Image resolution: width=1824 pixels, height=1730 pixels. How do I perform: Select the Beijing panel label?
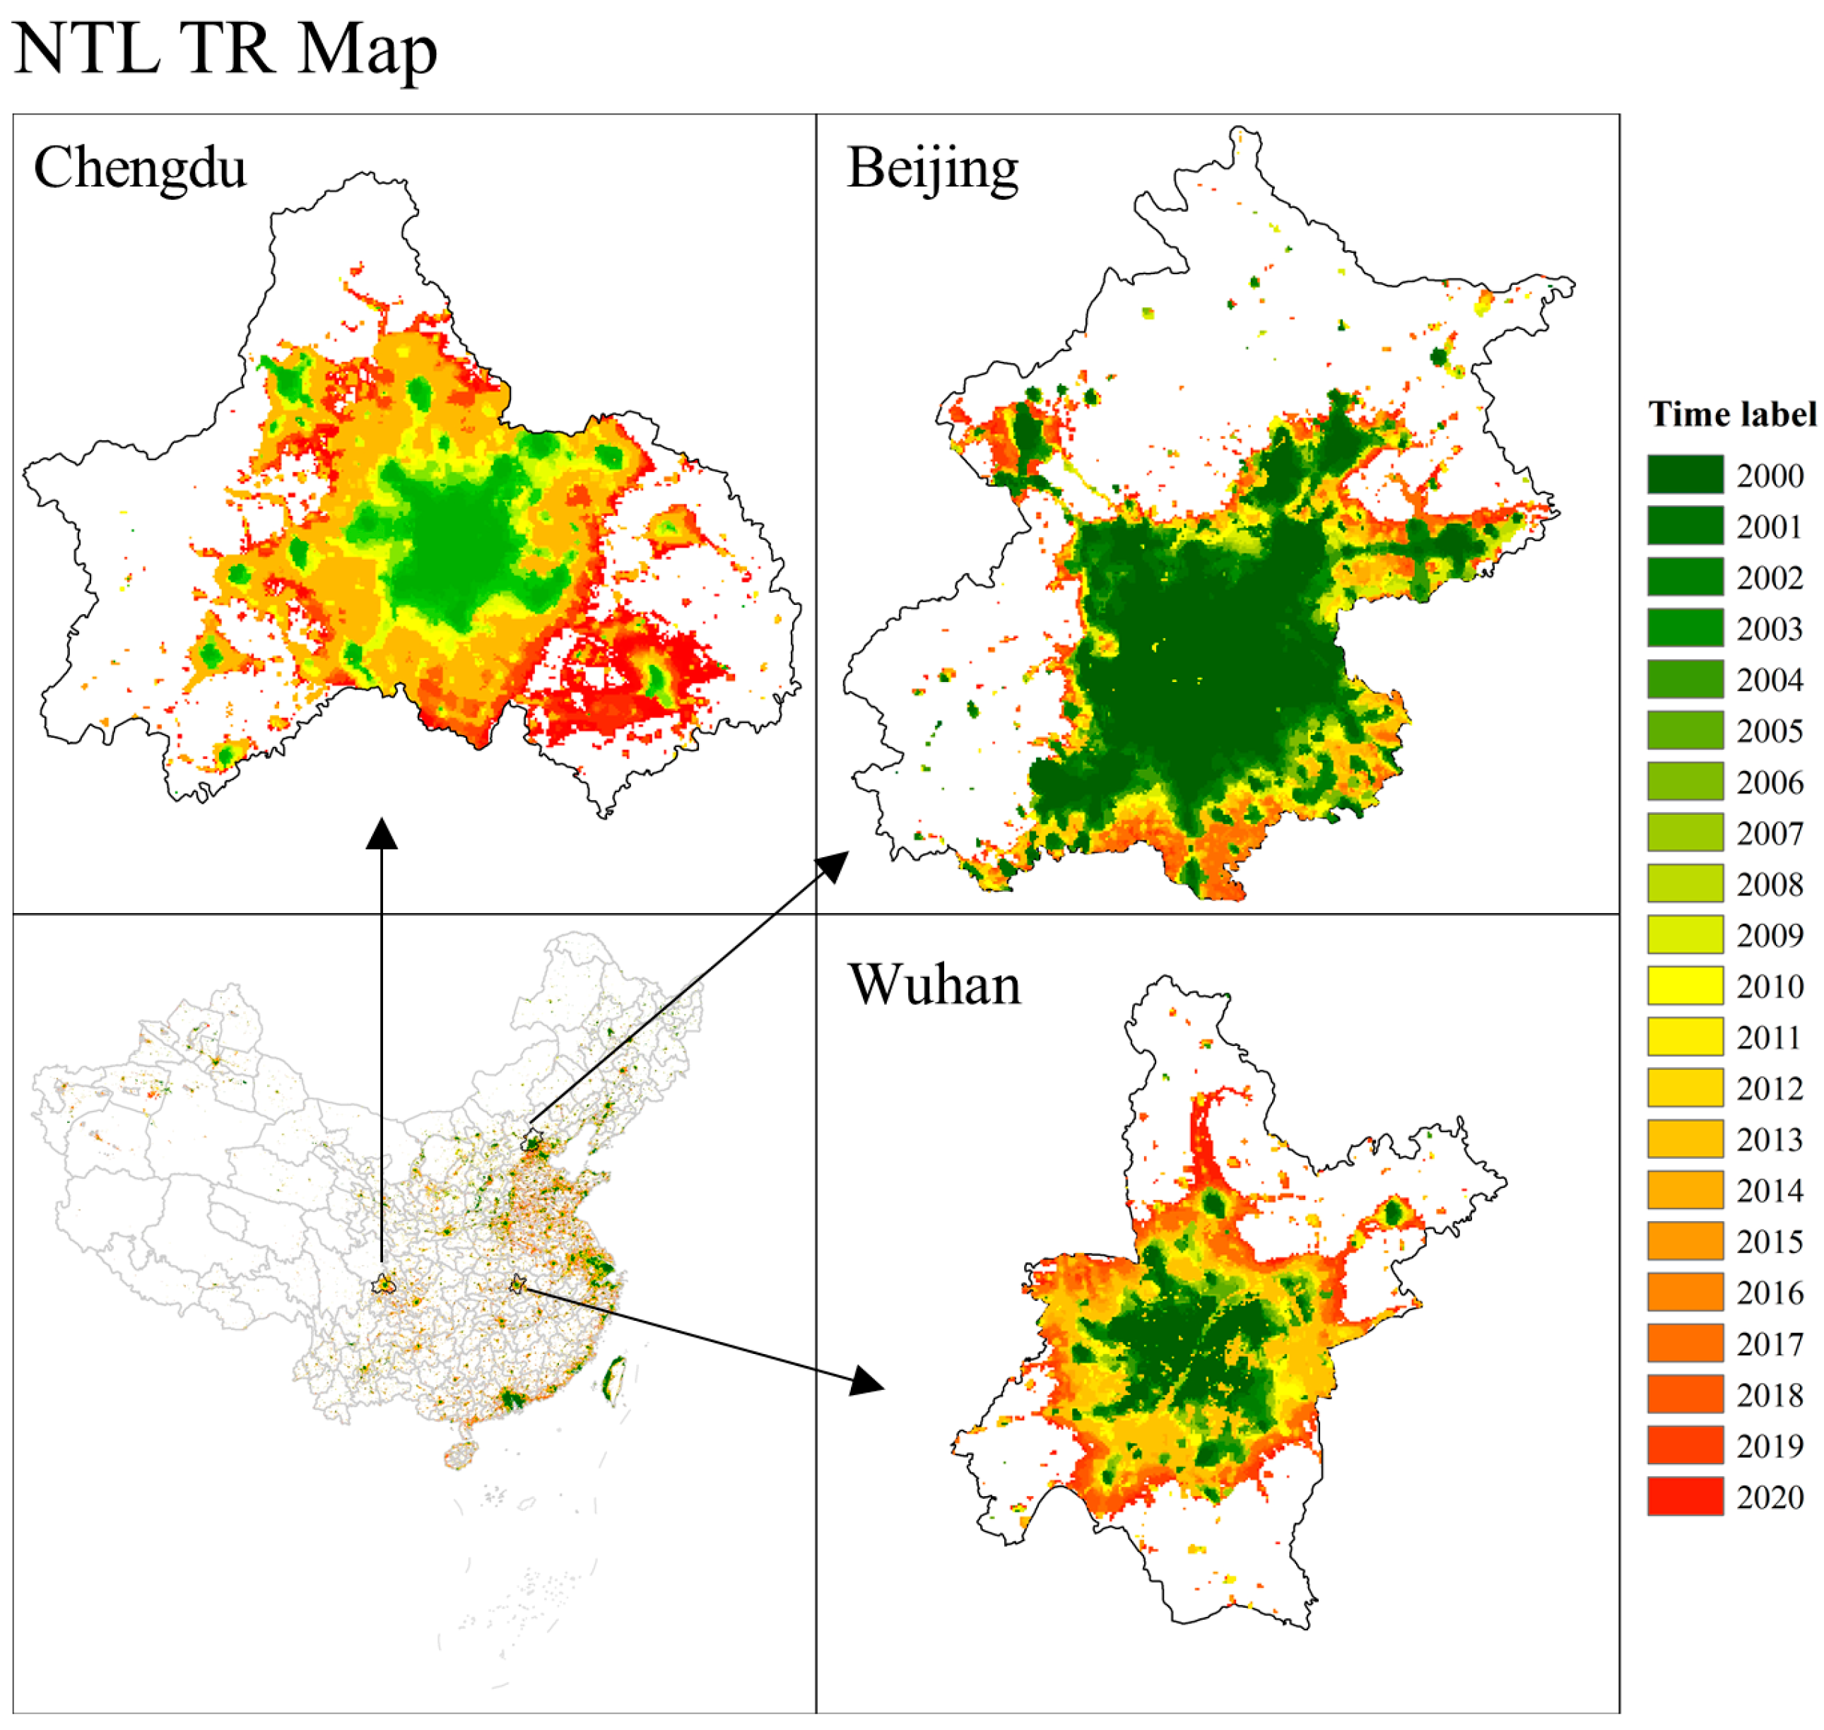tap(931, 170)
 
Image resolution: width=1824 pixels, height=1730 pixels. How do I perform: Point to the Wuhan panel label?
tap(934, 985)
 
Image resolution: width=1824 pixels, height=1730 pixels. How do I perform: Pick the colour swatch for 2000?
tap(1684, 474)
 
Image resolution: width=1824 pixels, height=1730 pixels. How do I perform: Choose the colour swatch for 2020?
tap(1684, 1496)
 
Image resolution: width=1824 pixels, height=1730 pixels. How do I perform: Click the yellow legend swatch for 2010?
tap(1684, 985)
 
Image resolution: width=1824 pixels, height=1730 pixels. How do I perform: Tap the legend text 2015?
tap(1769, 1241)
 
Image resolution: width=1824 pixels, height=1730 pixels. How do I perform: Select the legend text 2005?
tap(1769, 730)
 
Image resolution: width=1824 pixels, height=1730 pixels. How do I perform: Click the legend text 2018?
tap(1769, 1394)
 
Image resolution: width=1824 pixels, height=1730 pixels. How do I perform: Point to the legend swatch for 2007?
tap(1684, 832)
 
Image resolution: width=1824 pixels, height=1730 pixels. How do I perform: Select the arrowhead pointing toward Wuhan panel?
tap(867, 1380)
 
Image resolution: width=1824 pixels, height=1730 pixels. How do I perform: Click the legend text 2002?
tap(1769, 577)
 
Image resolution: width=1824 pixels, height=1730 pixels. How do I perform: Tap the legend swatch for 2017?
tap(1684, 1343)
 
